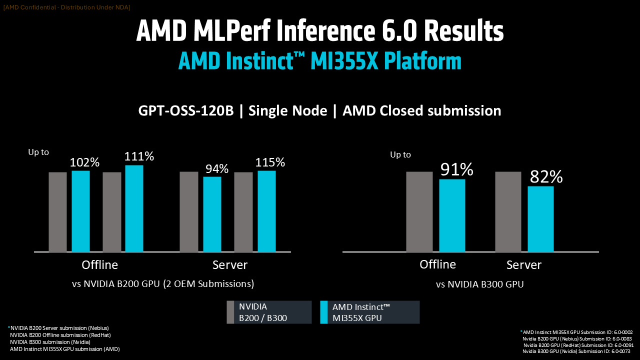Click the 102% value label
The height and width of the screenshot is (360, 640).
(85, 162)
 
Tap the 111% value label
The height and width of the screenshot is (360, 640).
(139, 156)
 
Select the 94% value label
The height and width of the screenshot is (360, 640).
(216, 169)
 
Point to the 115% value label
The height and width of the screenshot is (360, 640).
(270, 162)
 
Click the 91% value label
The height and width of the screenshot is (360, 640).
(456, 170)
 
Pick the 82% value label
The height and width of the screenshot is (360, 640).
(546, 177)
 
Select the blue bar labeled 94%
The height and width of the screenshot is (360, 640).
(212, 214)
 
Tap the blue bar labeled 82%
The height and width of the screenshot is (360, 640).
(540, 219)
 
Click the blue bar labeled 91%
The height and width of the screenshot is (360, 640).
(452, 215)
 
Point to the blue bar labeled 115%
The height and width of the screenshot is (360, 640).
(266, 211)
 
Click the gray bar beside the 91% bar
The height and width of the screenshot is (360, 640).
(419, 211)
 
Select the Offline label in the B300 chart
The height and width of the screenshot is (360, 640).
(437, 264)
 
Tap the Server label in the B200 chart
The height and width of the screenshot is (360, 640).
(230, 265)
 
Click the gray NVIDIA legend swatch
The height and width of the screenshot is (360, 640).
(230, 312)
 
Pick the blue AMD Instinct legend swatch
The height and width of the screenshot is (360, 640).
(323, 312)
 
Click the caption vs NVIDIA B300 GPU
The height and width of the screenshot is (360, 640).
(479, 284)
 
